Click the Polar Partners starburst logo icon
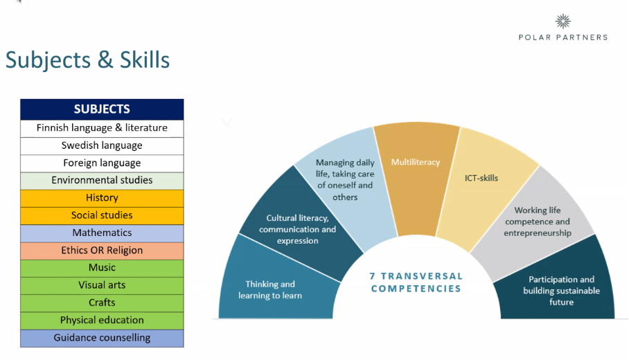tap(562, 21)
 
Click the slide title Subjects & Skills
tap(87, 60)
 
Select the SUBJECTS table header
tap(102, 109)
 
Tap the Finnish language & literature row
tap(102, 128)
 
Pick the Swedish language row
tap(102, 145)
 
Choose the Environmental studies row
tap(102, 181)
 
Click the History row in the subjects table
tap(102, 198)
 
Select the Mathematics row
tap(102, 233)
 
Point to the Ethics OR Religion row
tap(102, 251)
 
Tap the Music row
tap(102, 268)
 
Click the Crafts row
tap(102, 303)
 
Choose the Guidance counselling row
tap(102, 338)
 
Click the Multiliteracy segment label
tap(416, 163)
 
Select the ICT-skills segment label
tap(481, 178)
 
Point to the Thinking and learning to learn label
tap(270, 290)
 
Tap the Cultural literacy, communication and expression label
tap(297, 229)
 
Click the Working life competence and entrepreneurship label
tap(538, 222)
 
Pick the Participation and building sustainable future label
tap(561, 291)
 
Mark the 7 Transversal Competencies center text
tap(416, 282)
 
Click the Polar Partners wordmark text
tap(562, 37)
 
